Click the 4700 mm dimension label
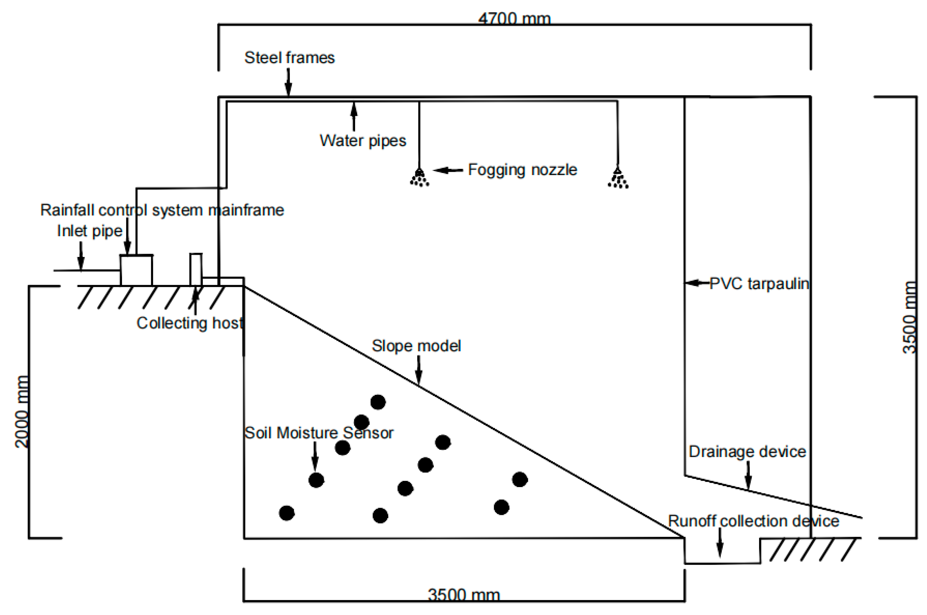514,19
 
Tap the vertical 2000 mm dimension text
22,412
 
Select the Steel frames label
289,58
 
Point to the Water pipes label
362,141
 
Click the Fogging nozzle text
522,170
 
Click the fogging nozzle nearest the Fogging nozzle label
419,177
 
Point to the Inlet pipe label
90,231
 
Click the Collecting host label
190,323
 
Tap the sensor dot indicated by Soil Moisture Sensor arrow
316,480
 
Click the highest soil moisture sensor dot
378,402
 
